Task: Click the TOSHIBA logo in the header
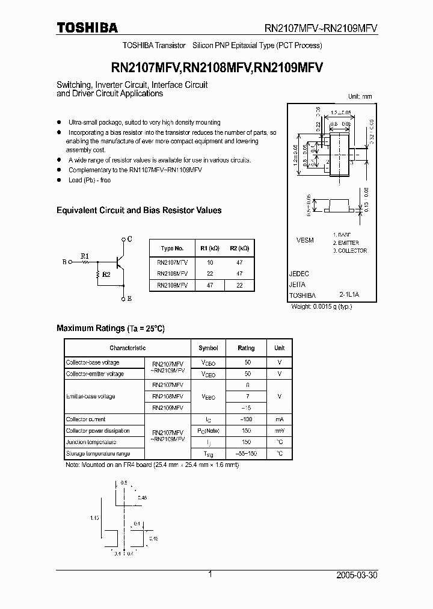click(87, 28)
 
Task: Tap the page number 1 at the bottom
click(210, 575)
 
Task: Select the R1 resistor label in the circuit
click(85, 255)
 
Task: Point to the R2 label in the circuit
click(106, 274)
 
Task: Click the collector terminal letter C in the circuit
click(129, 239)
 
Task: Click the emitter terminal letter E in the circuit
click(129, 298)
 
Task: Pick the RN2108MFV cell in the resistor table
click(172, 274)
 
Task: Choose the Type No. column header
click(172, 248)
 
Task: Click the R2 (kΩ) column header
click(239, 248)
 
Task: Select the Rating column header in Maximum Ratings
click(246, 348)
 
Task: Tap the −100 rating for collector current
click(246, 419)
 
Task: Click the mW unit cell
click(280, 431)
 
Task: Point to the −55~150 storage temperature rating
click(246, 454)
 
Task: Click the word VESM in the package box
click(305, 240)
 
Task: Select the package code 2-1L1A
click(349, 295)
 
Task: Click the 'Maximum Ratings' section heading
click(90, 328)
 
